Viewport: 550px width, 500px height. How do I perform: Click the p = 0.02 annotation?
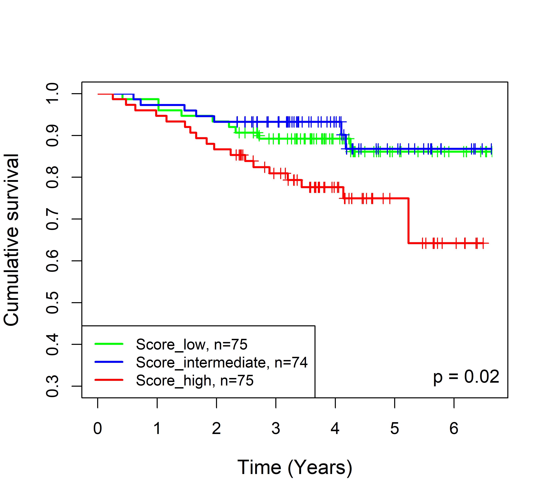coord(466,377)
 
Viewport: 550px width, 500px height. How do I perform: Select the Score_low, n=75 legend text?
coord(191,344)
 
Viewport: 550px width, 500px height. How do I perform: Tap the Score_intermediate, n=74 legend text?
coord(221,362)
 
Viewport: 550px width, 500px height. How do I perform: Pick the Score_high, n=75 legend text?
coord(194,380)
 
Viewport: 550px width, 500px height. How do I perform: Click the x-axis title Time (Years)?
coord(295,467)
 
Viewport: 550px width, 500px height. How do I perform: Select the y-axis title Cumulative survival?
coord(11,240)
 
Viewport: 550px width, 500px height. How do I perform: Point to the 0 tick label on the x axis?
coord(98,428)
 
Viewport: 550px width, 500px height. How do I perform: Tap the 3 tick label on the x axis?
coord(276,428)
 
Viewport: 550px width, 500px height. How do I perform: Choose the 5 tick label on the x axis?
coord(394,428)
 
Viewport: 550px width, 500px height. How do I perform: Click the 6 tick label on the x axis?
coord(454,428)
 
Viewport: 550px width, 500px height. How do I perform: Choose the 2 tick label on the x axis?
coord(216,428)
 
